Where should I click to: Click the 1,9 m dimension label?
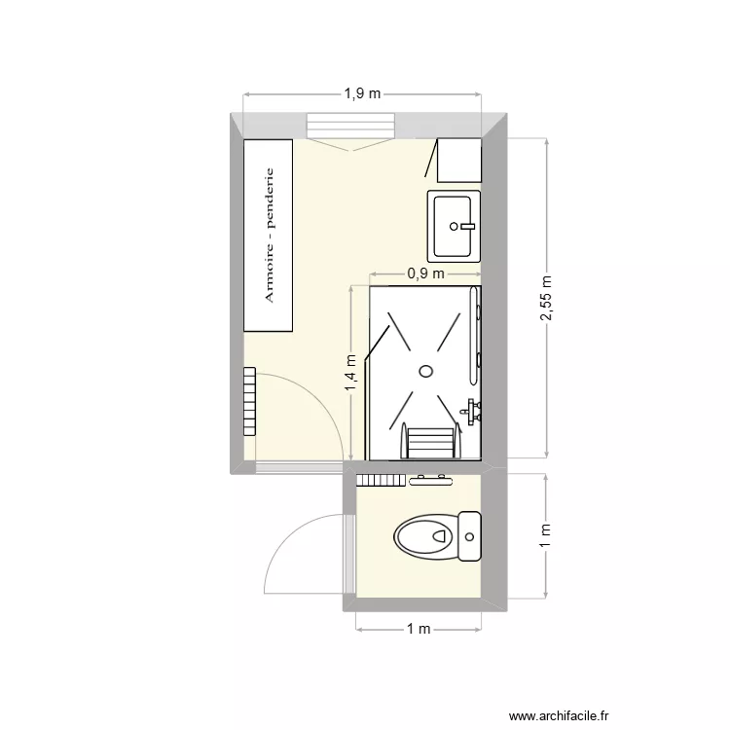click(x=361, y=94)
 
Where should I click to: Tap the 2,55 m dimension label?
click(x=547, y=298)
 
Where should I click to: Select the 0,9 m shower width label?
click(x=425, y=274)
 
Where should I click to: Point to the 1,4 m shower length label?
click(x=350, y=374)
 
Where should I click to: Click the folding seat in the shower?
click(x=429, y=443)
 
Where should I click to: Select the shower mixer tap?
click(x=473, y=409)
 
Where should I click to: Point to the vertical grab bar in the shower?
click(x=475, y=331)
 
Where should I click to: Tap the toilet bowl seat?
click(x=424, y=534)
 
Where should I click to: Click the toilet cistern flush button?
click(x=470, y=535)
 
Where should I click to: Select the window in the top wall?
click(x=350, y=127)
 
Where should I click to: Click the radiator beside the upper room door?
click(x=250, y=402)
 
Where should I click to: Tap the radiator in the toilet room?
click(x=381, y=479)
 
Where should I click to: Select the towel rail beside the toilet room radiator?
click(x=430, y=479)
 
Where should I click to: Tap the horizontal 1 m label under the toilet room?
click(x=419, y=630)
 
